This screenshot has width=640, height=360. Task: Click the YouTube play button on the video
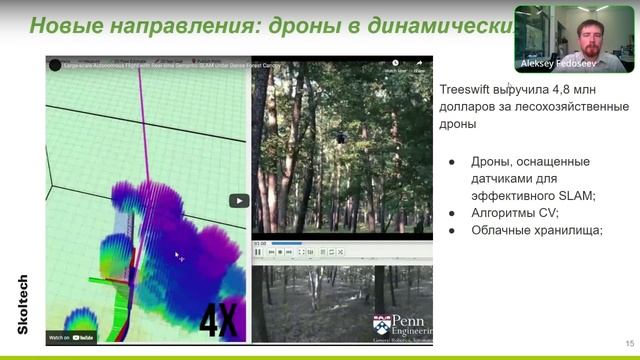[239, 200]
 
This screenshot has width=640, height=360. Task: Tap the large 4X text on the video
[219, 320]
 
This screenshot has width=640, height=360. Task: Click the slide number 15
[629, 338]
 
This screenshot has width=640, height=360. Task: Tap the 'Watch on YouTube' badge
[73, 337]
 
